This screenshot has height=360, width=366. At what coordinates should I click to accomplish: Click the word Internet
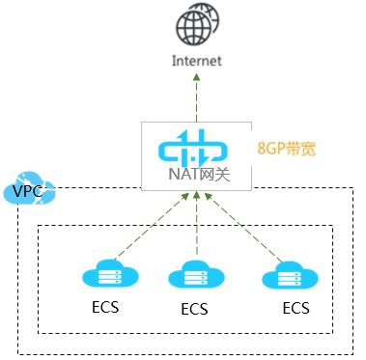(196, 61)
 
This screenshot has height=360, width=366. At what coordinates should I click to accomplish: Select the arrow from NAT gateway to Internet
(196, 97)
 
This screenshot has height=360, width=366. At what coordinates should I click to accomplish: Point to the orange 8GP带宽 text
(288, 150)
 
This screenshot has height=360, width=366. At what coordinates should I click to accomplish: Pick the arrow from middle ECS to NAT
(196, 227)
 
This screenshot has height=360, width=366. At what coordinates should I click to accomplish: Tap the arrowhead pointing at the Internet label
(196, 77)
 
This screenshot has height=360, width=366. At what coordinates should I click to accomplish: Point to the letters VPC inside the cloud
(27, 192)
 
